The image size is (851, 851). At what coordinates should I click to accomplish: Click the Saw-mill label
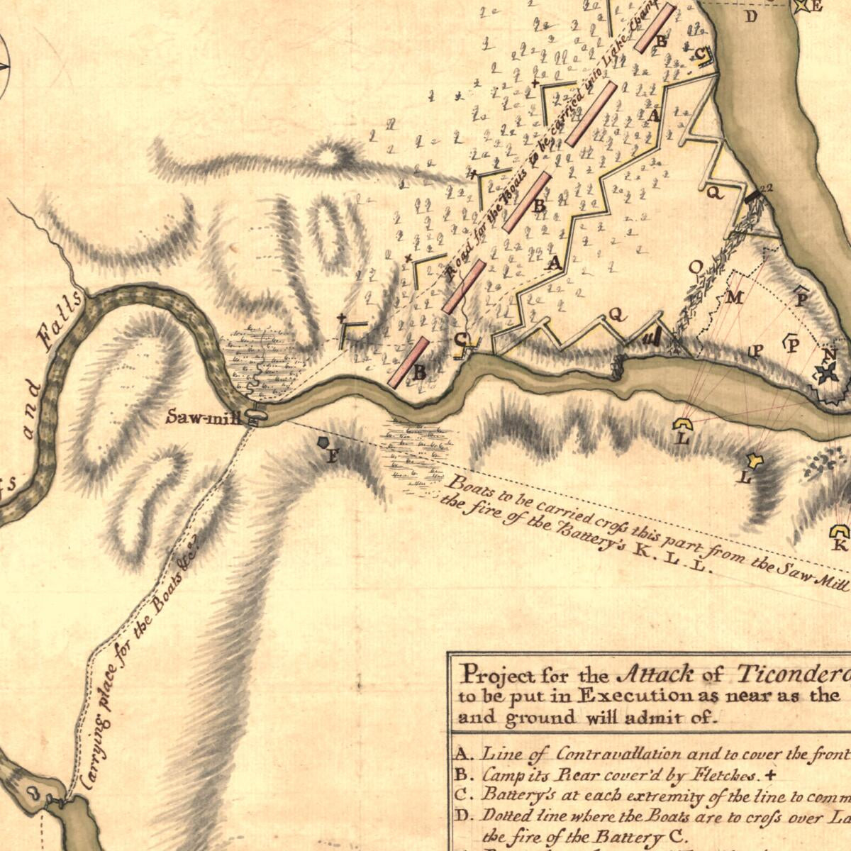click(x=204, y=417)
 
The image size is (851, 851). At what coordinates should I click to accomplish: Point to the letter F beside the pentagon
click(x=331, y=457)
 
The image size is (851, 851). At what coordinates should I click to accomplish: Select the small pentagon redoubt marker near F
click(x=323, y=442)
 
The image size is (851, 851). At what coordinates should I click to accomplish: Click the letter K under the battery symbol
click(x=839, y=545)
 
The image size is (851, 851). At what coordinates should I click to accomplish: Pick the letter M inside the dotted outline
click(x=735, y=298)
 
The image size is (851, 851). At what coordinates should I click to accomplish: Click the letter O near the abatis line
click(x=696, y=267)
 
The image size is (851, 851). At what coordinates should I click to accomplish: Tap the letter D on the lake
click(x=751, y=16)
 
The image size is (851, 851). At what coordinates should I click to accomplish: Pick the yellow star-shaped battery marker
click(x=757, y=462)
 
